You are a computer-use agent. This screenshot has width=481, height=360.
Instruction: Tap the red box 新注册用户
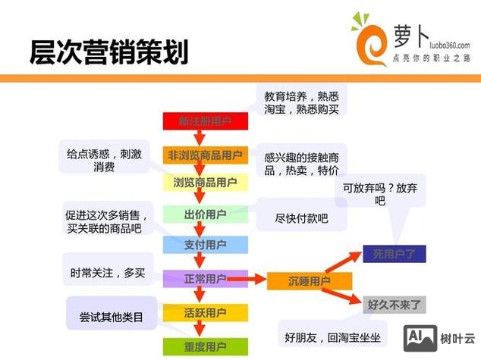205,121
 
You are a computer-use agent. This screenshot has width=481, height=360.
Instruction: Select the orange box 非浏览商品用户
205,155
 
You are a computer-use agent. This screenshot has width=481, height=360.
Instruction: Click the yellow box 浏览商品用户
205,183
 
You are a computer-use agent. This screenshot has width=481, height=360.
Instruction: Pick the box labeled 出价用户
205,214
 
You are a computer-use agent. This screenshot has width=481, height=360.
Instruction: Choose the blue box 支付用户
205,246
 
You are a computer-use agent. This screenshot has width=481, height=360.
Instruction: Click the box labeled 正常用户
205,279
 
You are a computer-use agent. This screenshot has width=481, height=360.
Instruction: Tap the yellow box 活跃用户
205,312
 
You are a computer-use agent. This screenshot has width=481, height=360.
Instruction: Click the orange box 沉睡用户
310,281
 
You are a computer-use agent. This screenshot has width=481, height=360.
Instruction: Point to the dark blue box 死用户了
394,254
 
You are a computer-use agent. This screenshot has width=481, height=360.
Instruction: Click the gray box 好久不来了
394,305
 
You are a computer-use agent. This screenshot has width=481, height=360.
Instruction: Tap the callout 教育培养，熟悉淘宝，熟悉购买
300,102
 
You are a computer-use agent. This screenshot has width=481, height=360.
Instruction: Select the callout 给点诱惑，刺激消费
104,159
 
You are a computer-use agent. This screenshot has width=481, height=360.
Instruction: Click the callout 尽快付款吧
301,218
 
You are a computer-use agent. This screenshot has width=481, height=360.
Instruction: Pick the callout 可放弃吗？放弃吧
379,194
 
